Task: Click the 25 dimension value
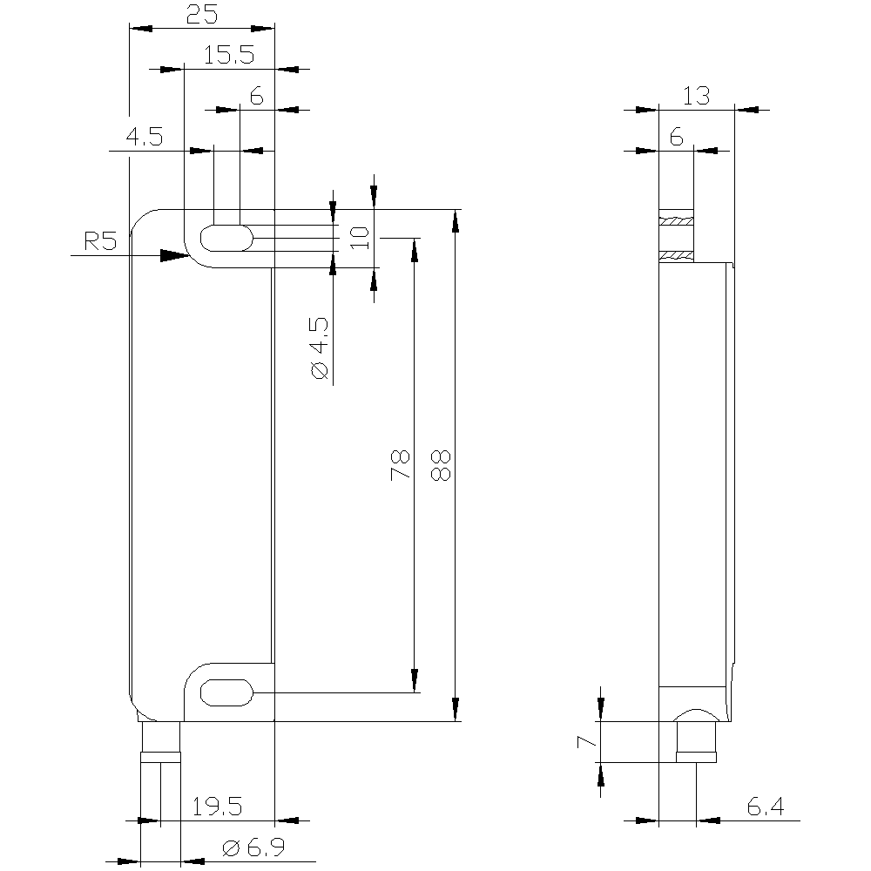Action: pyautogui.click(x=202, y=15)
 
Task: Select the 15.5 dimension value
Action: pyautogui.click(x=229, y=55)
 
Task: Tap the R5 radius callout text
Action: pyautogui.click(x=100, y=241)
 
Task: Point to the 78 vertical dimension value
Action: pyautogui.click(x=400, y=465)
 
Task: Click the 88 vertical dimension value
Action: pyautogui.click(x=441, y=465)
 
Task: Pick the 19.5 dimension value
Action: pyautogui.click(x=217, y=807)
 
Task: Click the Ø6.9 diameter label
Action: pyautogui.click(x=253, y=847)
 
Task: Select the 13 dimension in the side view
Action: pyautogui.click(x=696, y=96)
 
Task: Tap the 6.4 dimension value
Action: pyautogui.click(x=766, y=807)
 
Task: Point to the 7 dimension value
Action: pyautogui.click(x=586, y=741)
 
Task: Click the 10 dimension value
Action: pyautogui.click(x=360, y=238)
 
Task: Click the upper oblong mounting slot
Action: pyautogui.click(x=226, y=239)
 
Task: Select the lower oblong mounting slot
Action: pyautogui.click(x=226, y=692)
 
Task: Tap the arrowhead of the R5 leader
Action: pyautogui.click(x=175, y=255)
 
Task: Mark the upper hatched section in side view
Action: pyautogui.click(x=676, y=221)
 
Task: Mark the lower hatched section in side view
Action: pyautogui.click(x=676, y=256)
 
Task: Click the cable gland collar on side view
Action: pyautogui.click(x=696, y=757)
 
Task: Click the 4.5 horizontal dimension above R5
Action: pyautogui.click(x=145, y=136)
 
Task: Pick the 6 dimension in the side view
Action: pyautogui.click(x=676, y=136)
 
